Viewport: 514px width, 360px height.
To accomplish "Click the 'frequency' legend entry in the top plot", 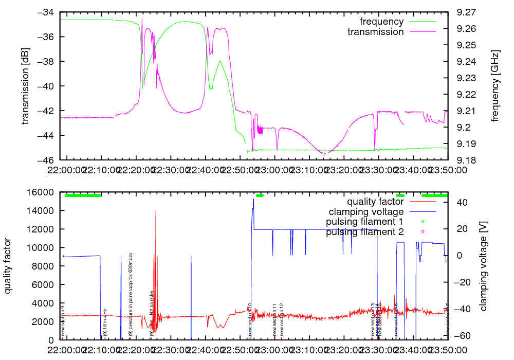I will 381,22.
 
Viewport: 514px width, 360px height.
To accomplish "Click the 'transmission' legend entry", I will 375,32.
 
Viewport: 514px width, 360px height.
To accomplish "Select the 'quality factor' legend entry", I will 375,201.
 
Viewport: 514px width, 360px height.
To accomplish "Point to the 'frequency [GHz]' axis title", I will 495,86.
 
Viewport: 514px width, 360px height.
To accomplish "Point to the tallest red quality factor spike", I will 156,211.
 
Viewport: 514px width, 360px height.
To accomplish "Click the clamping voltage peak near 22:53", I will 253,200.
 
